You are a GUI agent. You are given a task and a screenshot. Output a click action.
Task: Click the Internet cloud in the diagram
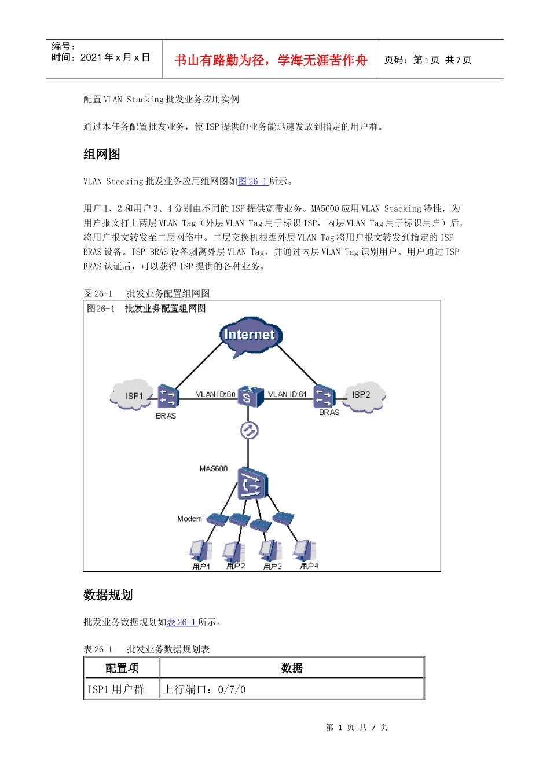point(250,336)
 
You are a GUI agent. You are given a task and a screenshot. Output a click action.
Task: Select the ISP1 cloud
point(132,395)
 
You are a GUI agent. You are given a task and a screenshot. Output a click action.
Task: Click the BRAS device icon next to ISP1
point(167,397)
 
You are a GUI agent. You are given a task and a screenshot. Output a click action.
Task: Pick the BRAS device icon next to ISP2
point(324,397)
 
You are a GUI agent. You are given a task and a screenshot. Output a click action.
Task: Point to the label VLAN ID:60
point(215,394)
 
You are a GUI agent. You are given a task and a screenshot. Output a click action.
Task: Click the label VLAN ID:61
point(287,394)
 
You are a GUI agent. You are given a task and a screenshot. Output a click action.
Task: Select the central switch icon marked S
point(248,396)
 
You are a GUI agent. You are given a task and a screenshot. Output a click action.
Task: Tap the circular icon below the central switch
point(249,430)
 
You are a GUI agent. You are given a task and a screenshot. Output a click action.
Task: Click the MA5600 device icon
point(252,483)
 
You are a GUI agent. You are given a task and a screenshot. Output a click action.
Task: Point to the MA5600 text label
point(214,468)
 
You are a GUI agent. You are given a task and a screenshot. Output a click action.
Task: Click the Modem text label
point(189,519)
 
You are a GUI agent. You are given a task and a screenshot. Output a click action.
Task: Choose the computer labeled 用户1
point(200,551)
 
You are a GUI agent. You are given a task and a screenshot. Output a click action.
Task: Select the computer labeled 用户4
point(304,551)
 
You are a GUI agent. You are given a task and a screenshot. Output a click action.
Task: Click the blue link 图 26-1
point(253,181)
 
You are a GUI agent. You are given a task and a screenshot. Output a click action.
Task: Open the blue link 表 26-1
point(182,622)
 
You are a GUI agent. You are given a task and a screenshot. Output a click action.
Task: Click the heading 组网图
point(102,154)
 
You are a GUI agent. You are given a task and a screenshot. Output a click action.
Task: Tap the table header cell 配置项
point(122,668)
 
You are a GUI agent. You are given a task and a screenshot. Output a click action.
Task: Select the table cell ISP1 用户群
point(116,689)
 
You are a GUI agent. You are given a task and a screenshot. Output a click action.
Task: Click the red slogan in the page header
point(271,60)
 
